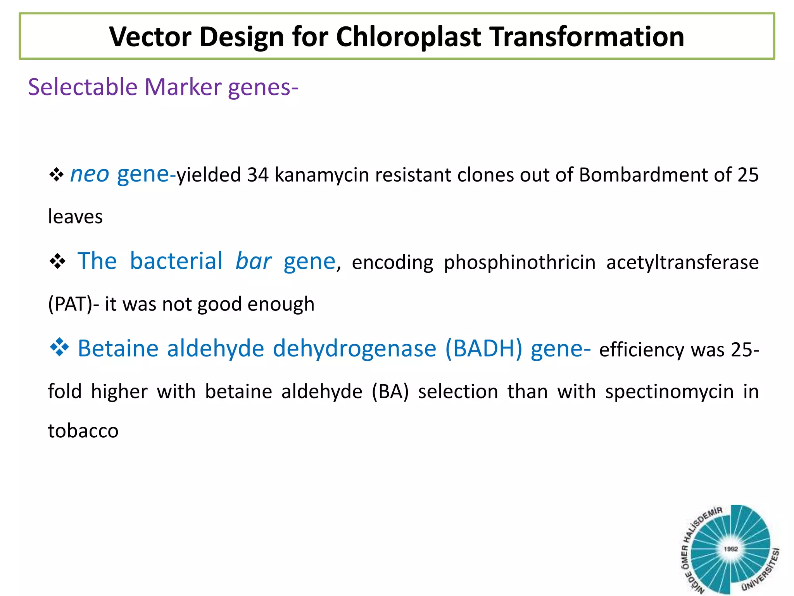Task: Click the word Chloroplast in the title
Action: (408, 37)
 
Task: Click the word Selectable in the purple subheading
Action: (83, 87)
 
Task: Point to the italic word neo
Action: (90, 175)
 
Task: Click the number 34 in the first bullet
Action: (258, 175)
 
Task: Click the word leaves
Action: (75, 217)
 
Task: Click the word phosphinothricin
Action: (520, 263)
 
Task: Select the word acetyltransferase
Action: (682, 263)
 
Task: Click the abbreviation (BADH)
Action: (484, 348)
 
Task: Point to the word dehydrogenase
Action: (354, 348)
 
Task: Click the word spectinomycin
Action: (669, 392)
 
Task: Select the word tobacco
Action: (83, 431)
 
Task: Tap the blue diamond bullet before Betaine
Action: (59, 347)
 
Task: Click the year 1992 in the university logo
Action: (730, 549)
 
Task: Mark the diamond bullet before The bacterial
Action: (57, 262)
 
